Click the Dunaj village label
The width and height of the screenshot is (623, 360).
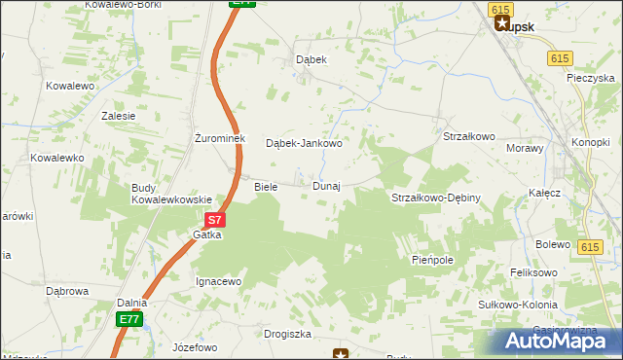tap(326, 186)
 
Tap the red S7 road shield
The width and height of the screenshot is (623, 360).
tap(216, 221)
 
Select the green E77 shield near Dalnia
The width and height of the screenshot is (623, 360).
tap(129, 318)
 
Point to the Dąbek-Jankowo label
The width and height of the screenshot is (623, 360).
tap(304, 143)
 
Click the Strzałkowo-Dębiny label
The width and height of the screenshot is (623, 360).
tap(436, 198)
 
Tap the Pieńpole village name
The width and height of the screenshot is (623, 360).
tap(433, 262)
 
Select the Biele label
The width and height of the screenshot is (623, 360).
tap(266, 186)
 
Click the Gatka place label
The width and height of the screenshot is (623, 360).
tap(207, 235)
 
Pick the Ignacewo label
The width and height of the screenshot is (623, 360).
tap(218, 281)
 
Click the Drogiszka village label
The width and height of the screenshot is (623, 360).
tap(287, 334)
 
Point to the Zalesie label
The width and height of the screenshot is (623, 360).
tap(119, 115)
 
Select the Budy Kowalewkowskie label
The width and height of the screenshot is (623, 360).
tap(172, 194)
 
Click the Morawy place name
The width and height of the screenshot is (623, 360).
tap(526, 148)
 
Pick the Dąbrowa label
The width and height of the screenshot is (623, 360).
tap(67, 290)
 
